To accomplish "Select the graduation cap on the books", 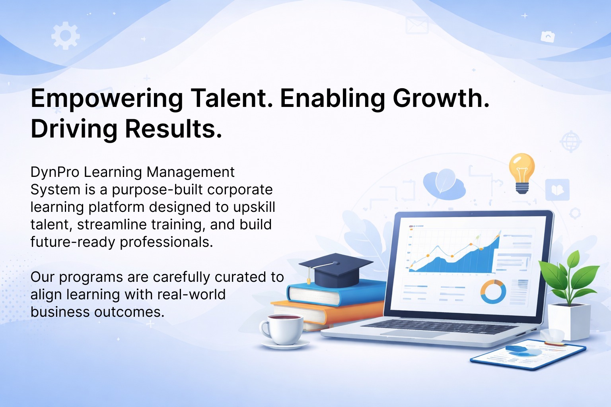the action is pyautogui.click(x=336, y=269).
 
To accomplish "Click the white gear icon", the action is pyautogui.click(x=66, y=36).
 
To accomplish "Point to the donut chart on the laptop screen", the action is pyautogui.click(x=493, y=292).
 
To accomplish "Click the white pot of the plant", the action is pyautogui.click(x=569, y=322).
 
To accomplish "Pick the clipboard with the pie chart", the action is pyautogui.click(x=528, y=355).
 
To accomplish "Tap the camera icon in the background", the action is pyautogui.click(x=548, y=37).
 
